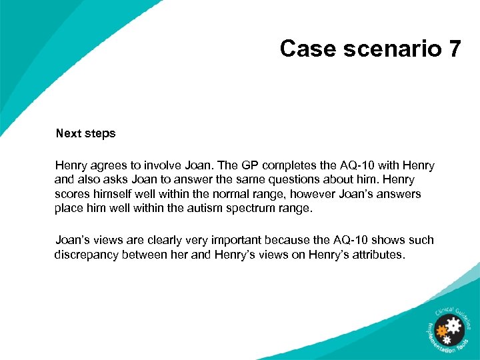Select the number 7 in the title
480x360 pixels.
453,49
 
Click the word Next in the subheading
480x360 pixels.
68,133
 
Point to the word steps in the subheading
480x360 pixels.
99,133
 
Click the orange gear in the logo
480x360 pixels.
441,330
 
